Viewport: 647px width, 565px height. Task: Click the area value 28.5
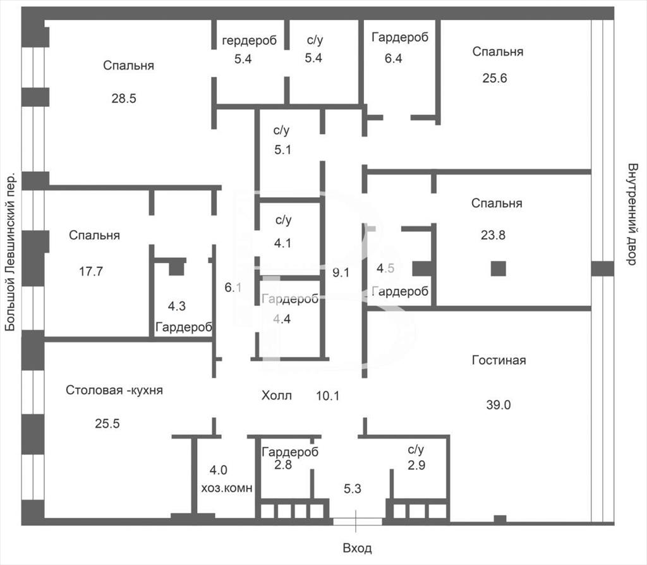(124, 98)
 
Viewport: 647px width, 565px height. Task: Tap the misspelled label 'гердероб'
(249, 40)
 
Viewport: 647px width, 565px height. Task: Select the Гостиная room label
(499, 360)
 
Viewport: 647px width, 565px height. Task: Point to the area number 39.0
(499, 405)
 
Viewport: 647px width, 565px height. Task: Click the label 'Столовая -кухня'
(114, 390)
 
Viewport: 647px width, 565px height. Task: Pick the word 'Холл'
(277, 396)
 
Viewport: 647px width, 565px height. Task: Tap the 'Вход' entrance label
(358, 548)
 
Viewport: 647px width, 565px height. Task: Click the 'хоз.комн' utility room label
(227, 489)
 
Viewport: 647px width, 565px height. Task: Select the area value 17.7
(91, 272)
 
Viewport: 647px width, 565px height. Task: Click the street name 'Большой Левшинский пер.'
(10, 252)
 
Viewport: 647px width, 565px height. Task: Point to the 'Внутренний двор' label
(632, 214)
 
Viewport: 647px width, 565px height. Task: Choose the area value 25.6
(495, 78)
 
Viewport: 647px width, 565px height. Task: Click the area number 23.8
(493, 235)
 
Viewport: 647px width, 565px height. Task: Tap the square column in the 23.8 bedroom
(499, 269)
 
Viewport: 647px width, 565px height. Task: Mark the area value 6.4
(393, 58)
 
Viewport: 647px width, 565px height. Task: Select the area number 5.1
(282, 149)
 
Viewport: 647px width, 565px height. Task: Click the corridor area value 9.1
(341, 272)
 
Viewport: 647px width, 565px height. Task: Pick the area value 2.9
(416, 465)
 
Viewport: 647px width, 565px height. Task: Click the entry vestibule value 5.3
(353, 489)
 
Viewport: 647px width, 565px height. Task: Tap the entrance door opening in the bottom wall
(358, 521)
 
